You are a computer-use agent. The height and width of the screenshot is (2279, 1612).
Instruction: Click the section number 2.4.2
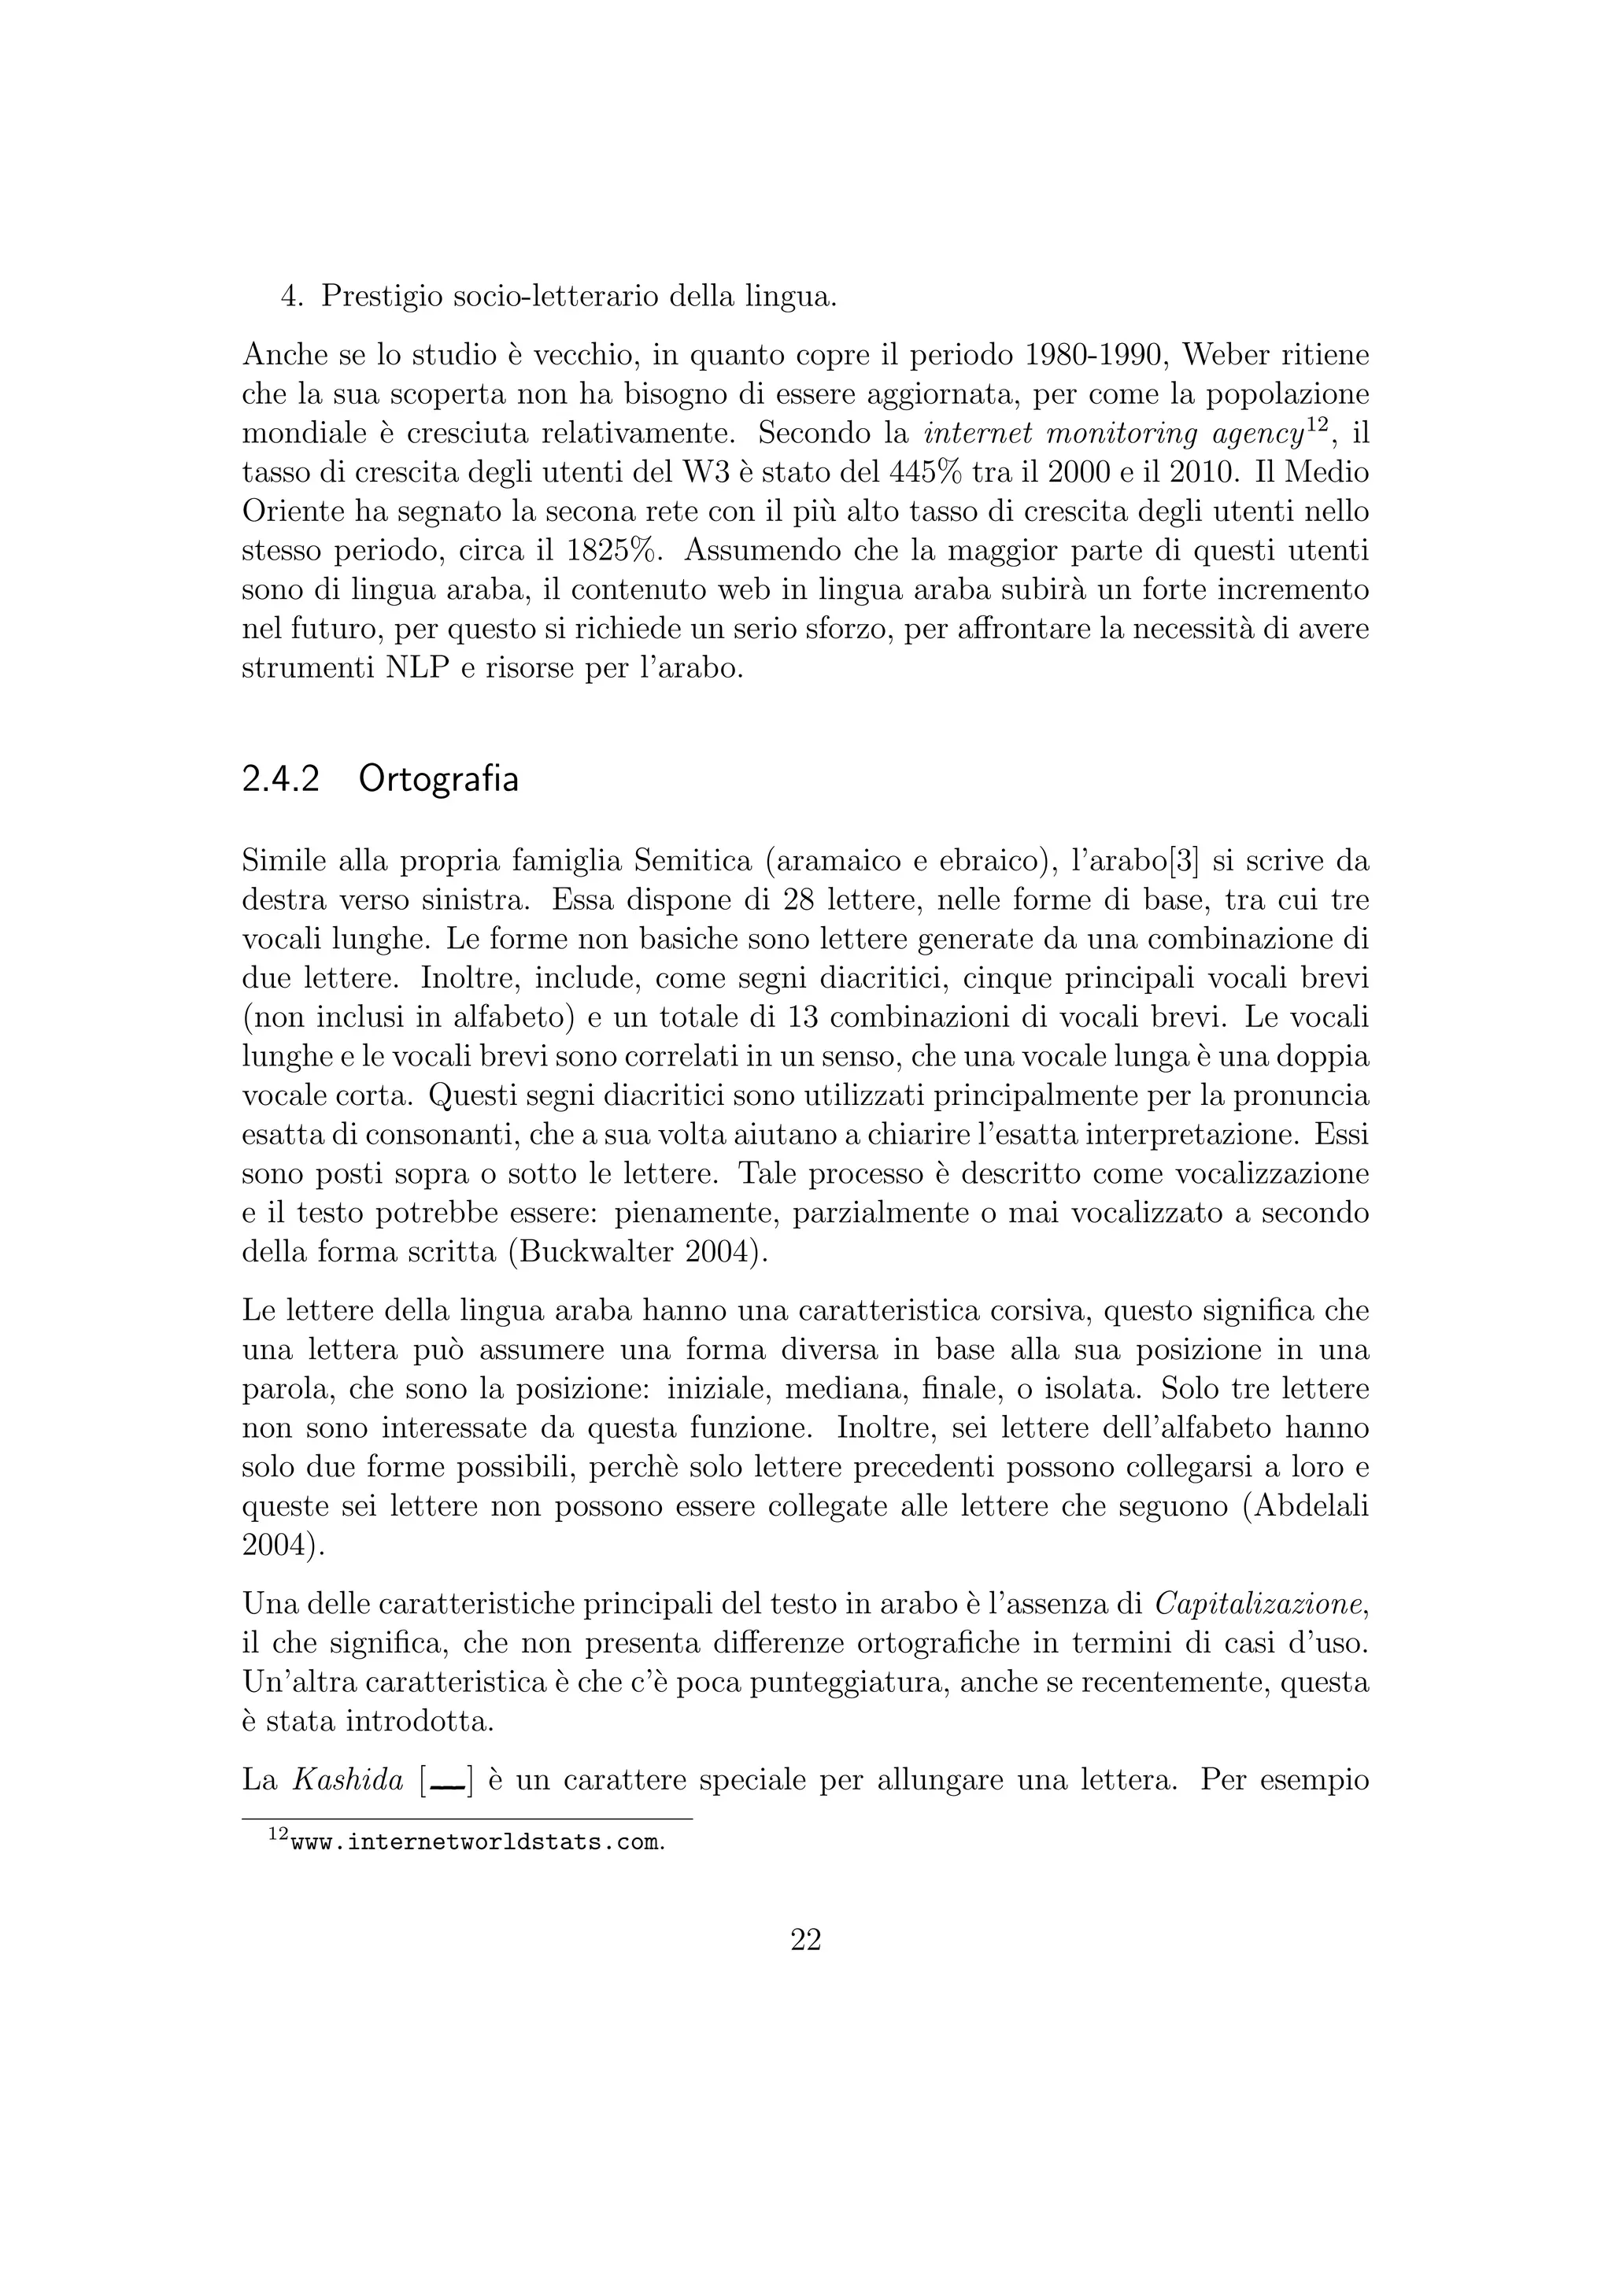click(x=280, y=779)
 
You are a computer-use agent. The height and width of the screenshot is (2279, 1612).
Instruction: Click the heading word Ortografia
click(x=438, y=780)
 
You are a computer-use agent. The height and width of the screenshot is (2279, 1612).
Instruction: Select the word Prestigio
click(x=381, y=297)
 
